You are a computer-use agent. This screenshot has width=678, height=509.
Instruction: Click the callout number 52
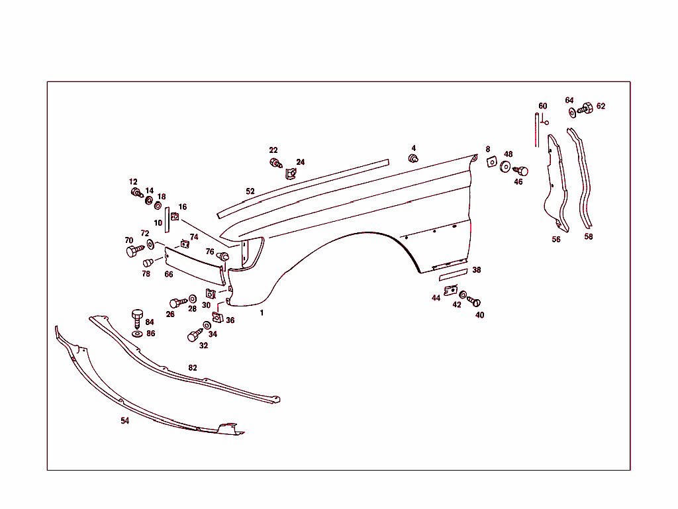click(x=250, y=191)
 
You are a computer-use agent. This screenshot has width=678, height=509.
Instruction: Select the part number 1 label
click(x=262, y=312)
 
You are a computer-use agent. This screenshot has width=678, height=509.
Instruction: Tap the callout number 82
click(x=193, y=367)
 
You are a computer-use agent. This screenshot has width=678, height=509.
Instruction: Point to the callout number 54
click(x=124, y=420)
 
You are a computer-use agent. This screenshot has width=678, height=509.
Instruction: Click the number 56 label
click(x=556, y=240)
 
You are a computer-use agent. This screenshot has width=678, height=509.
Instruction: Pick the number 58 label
click(x=589, y=236)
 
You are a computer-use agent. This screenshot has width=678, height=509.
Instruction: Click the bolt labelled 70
click(x=133, y=252)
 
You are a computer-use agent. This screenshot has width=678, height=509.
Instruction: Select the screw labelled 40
click(x=474, y=302)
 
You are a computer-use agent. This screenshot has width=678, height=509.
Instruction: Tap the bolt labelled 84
click(x=138, y=317)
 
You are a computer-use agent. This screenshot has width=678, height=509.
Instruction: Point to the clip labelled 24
click(x=290, y=174)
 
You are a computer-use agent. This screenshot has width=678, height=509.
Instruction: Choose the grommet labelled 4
click(x=413, y=159)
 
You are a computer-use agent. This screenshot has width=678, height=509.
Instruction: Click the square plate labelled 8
click(x=492, y=162)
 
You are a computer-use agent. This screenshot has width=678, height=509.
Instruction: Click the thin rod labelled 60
click(x=537, y=130)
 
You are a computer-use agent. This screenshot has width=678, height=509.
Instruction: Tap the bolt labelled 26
click(x=176, y=303)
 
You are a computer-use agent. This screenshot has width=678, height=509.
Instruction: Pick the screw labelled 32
click(x=195, y=336)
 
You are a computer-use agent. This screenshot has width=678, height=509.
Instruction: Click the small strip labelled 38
click(x=453, y=272)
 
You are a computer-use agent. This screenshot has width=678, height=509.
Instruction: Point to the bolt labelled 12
click(x=136, y=193)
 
